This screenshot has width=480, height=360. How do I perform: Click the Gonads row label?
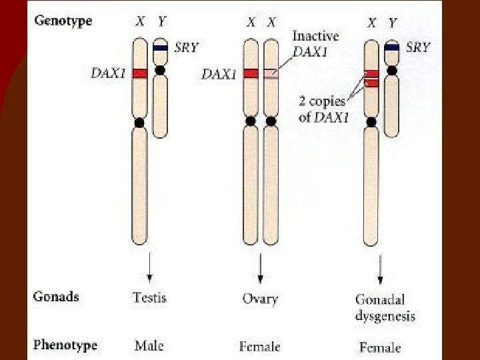pos(55,297)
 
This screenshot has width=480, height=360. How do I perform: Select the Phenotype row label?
pos(65,345)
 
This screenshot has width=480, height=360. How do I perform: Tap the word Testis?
pos(150,297)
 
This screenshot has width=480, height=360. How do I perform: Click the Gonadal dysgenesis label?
pos(385,307)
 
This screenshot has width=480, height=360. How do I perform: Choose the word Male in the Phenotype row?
pos(149,345)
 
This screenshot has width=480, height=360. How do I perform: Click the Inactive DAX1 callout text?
pos(315,44)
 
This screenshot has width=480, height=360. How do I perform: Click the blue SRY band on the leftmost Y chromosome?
pos(160,48)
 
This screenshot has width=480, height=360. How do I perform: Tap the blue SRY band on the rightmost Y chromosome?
pos(392,47)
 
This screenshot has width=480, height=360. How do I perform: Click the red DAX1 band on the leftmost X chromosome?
pos(139,73)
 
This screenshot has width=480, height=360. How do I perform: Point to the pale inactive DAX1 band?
pos(271,73)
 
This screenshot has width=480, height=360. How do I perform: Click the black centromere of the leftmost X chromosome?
pos(139,123)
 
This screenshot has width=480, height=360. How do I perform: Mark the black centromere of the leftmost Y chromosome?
pos(160,70)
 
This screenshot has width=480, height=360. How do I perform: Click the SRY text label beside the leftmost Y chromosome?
pos(186,47)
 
